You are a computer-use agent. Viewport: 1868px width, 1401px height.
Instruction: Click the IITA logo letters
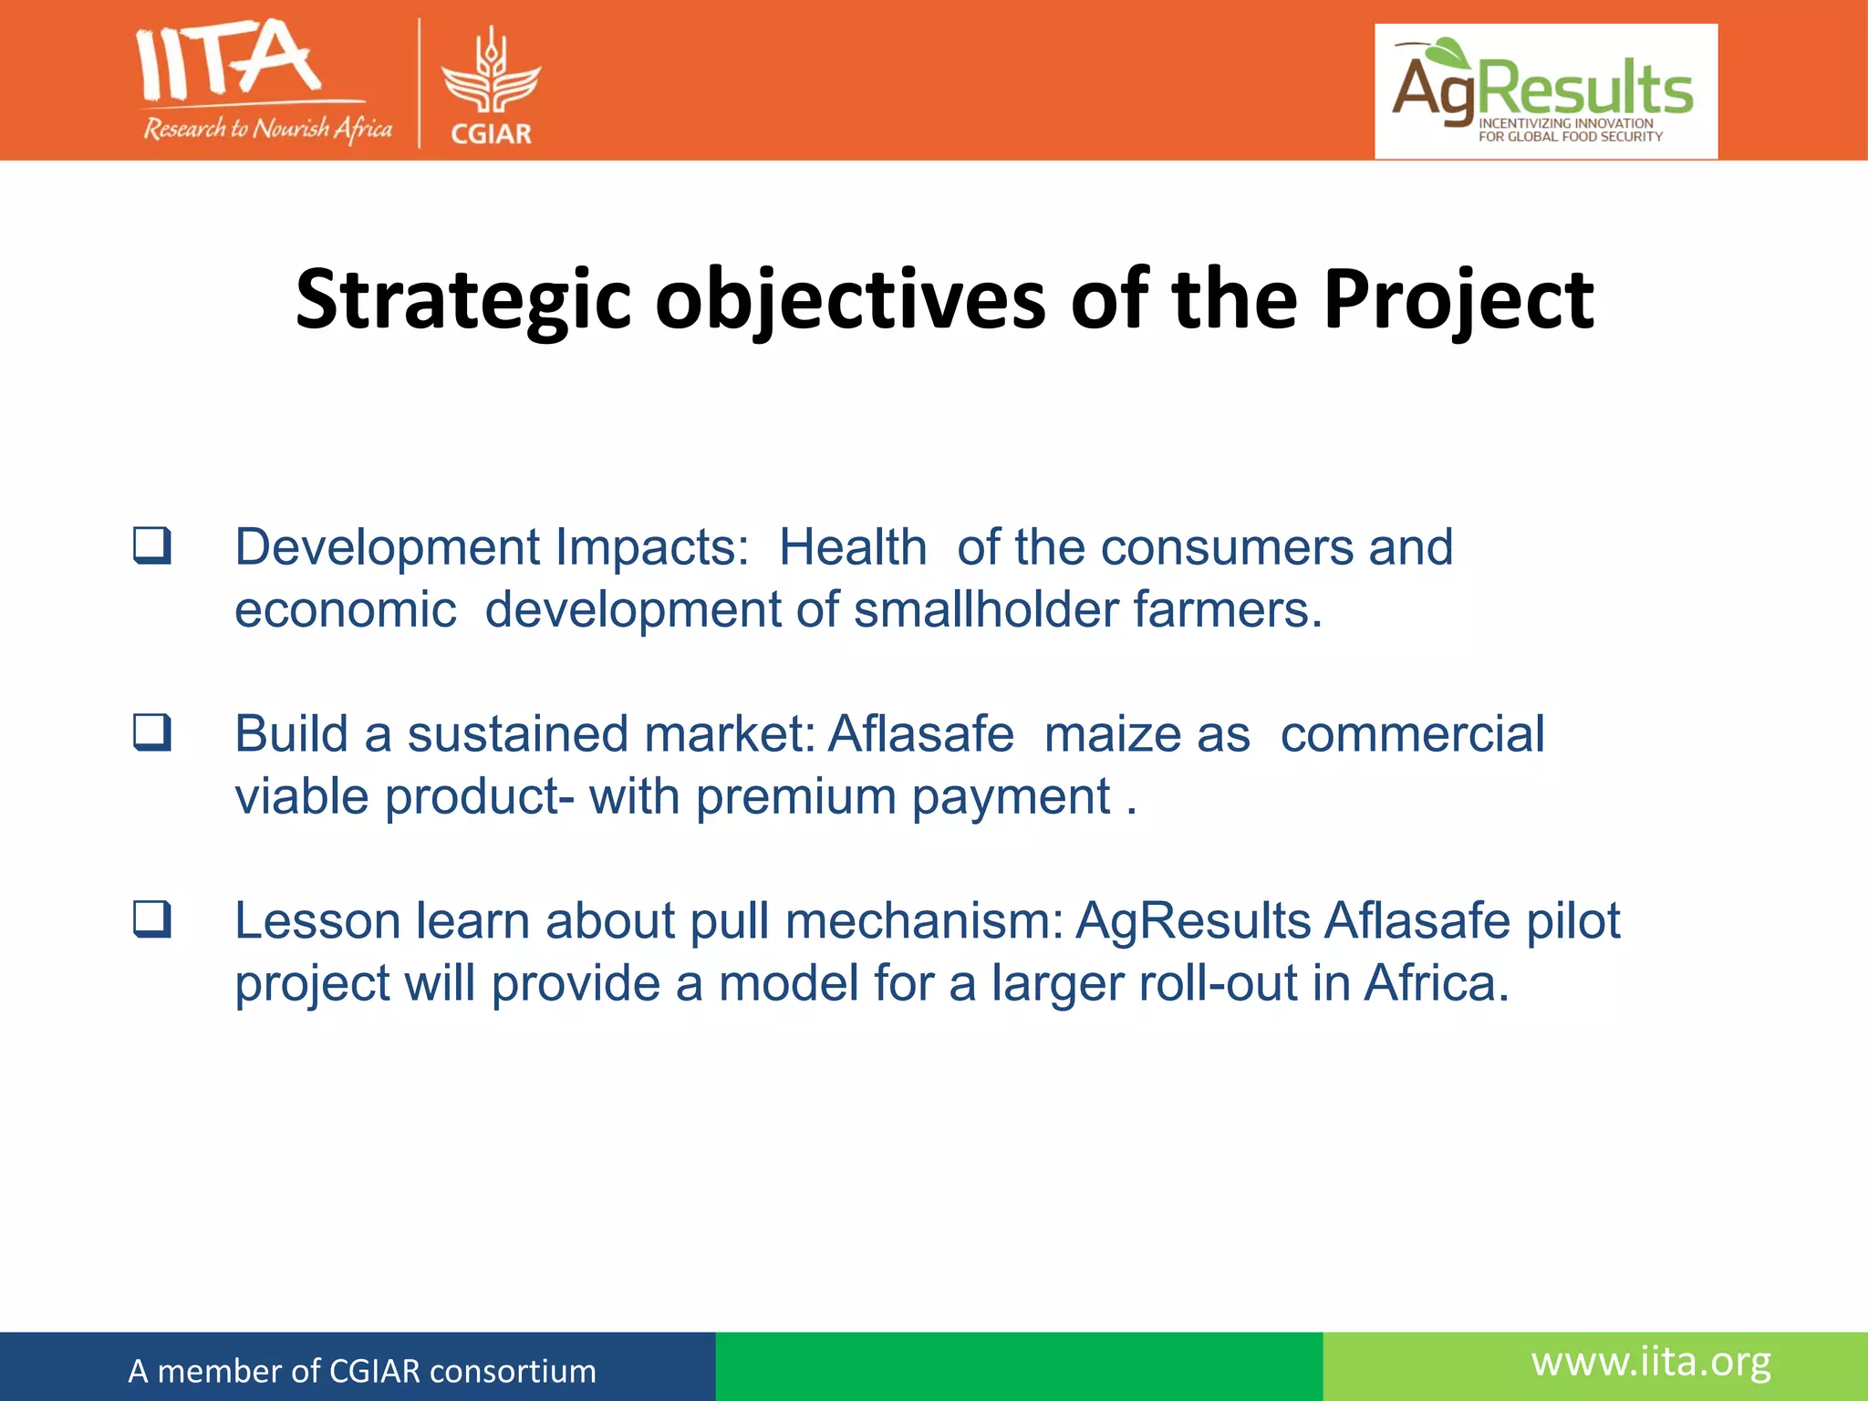click(228, 62)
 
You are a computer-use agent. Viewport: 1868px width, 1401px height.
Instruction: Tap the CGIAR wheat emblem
click(492, 73)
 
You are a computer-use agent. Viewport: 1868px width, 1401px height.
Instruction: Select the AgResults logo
click(1545, 91)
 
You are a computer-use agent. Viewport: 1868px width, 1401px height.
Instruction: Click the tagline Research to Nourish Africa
click(267, 129)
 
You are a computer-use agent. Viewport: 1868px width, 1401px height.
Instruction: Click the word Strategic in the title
click(463, 301)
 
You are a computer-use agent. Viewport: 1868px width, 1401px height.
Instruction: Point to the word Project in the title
click(1458, 301)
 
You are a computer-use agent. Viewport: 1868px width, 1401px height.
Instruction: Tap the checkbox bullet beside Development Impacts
click(152, 545)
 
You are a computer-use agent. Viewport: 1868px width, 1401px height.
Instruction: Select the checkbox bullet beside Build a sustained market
click(152, 732)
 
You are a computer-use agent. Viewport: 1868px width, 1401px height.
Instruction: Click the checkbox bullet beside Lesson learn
click(152, 918)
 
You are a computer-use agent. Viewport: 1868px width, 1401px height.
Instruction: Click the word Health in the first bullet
click(852, 547)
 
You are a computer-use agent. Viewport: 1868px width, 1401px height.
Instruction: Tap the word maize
click(1147, 734)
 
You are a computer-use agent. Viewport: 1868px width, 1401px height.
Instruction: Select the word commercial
click(1412, 734)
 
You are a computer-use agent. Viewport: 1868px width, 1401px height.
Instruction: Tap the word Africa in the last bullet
click(1436, 983)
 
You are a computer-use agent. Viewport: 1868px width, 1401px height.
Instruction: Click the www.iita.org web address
click(1651, 1363)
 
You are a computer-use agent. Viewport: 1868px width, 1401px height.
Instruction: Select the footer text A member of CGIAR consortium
click(362, 1371)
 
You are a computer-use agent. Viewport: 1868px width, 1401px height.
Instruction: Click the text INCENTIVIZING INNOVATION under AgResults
click(1565, 123)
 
